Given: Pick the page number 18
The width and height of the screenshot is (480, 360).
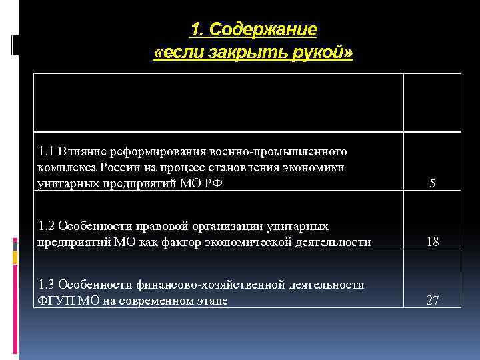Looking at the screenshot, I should pyautogui.click(x=433, y=242).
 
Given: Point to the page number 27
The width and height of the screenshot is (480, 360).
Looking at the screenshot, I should pyautogui.click(x=433, y=301).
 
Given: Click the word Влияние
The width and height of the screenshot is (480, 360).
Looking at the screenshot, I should pyautogui.click(x=80, y=151).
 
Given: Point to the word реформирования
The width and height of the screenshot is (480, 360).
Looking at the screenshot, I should pyautogui.click(x=151, y=151).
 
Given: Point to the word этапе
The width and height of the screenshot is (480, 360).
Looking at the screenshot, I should pyautogui.click(x=211, y=301).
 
